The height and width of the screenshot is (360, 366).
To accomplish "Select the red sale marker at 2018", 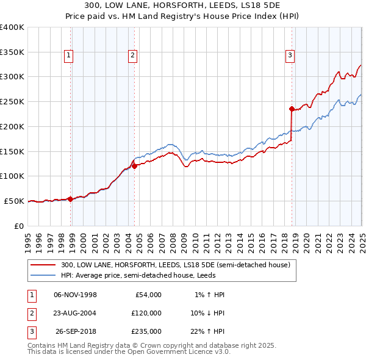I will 292,109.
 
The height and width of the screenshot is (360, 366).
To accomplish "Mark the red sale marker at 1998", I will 70,198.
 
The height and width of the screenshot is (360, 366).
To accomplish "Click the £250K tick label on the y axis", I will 12,101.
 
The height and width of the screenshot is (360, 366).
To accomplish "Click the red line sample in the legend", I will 43,265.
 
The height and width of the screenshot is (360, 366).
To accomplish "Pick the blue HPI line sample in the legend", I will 43,275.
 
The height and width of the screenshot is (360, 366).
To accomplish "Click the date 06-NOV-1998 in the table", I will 76,295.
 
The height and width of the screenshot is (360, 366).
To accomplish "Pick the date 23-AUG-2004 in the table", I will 76,313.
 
